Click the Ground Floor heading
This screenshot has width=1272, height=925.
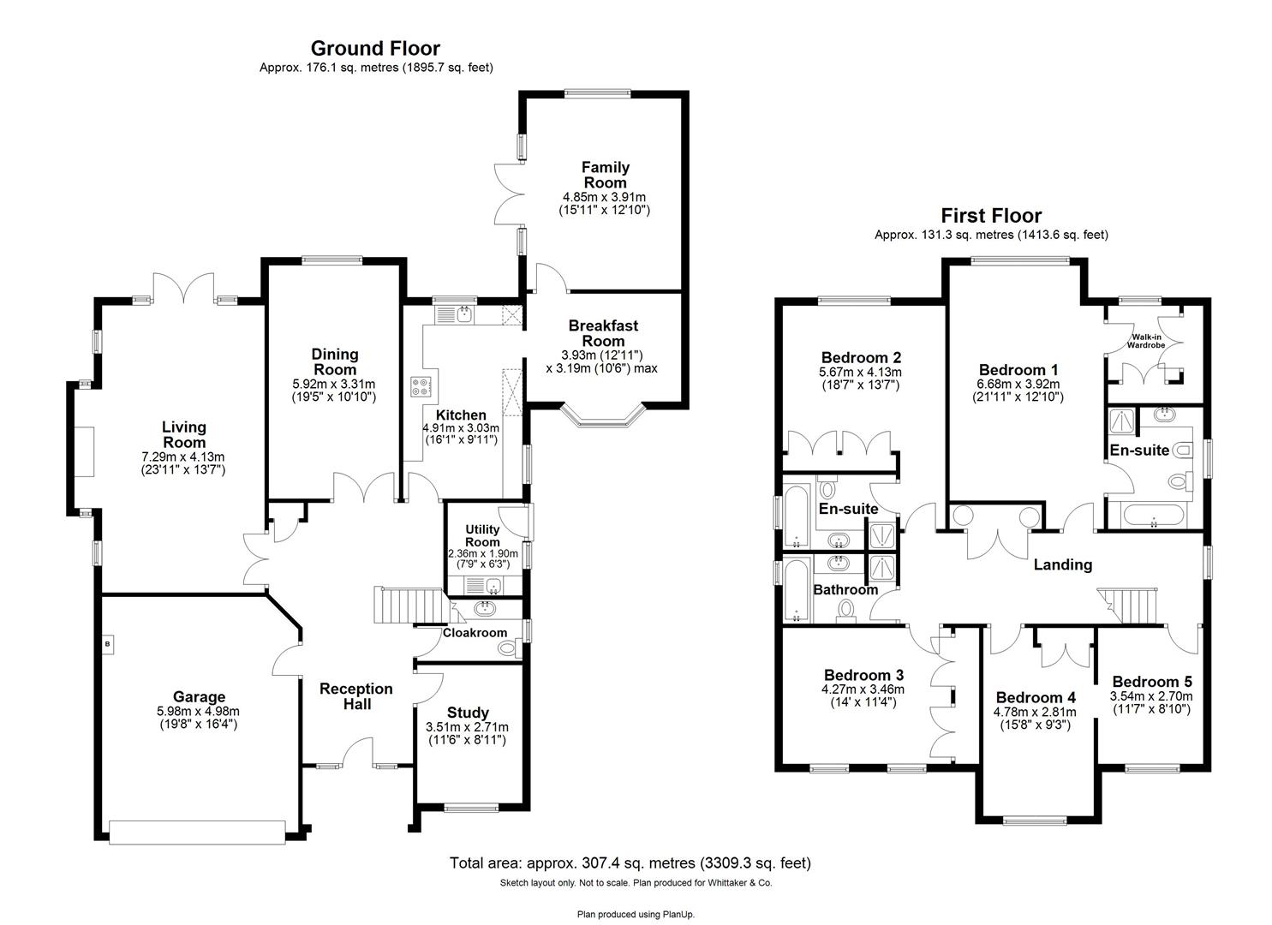pyautogui.click(x=375, y=49)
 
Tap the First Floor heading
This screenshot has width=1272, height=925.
pyautogui.click(x=991, y=216)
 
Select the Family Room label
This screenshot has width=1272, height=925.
pyautogui.click(x=606, y=175)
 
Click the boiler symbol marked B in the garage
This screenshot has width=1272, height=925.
pyautogui.click(x=107, y=643)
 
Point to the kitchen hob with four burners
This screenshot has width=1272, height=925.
pyautogui.click(x=421, y=386)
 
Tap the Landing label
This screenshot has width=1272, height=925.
pyautogui.click(x=1062, y=564)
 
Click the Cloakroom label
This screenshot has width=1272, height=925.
pyautogui.click(x=475, y=633)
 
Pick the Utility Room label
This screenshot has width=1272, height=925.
pyautogui.click(x=482, y=536)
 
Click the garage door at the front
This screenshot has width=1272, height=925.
pyautogui.click(x=197, y=832)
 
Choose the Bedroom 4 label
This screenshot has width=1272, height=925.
pyautogui.click(x=1036, y=697)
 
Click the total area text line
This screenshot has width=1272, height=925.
pyautogui.click(x=630, y=862)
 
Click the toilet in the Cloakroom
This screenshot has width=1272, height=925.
pyautogui.click(x=508, y=648)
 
